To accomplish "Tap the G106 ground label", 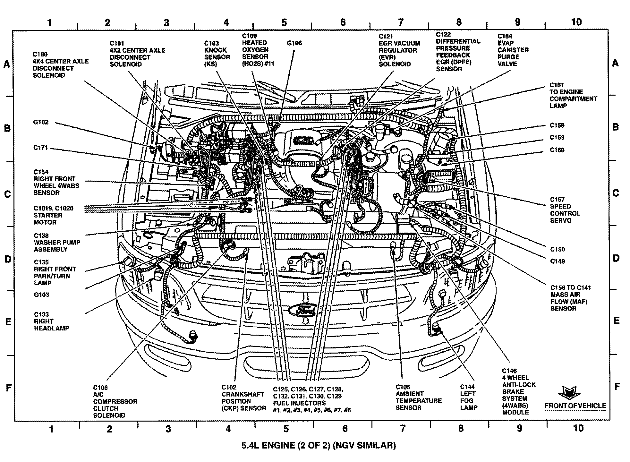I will point(294,43).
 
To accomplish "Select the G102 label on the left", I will point(40,122).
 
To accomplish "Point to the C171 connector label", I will point(40,148).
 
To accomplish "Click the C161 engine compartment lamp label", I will point(573,95).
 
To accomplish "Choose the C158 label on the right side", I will point(557,125).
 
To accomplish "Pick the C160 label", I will point(557,150).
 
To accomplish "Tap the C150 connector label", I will point(558,249).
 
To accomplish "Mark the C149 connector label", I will point(558,261).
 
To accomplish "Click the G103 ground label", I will point(41,295).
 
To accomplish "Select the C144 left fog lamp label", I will point(469,397).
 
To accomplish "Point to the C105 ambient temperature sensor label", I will point(418,397).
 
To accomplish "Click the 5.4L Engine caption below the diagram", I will point(318,445).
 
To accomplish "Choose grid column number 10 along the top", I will point(576,22).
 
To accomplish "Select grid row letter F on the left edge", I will point(9,388).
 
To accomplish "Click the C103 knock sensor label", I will point(217,54).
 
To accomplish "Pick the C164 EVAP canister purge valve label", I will point(513,50).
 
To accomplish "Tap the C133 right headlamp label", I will point(51,321).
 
